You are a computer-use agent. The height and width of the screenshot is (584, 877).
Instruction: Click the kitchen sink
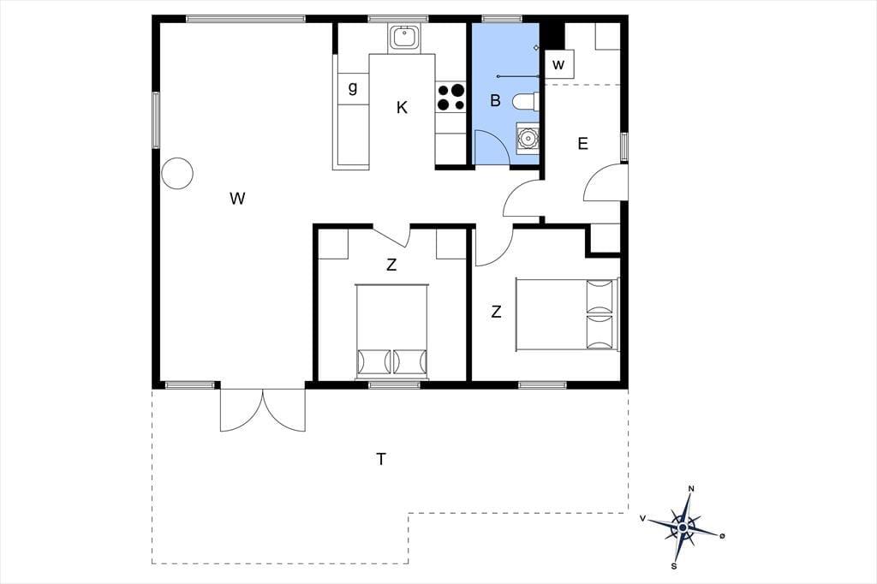(403, 38)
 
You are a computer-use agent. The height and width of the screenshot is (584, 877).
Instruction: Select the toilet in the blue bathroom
(527, 101)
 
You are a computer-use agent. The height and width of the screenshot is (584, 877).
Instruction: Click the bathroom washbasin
(527, 136)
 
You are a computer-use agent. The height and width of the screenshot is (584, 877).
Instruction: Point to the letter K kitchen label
(402, 107)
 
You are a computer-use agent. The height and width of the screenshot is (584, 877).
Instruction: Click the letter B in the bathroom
(495, 101)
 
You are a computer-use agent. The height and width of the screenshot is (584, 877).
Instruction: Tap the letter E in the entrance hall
(582, 144)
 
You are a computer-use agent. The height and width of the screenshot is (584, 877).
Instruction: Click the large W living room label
(237, 198)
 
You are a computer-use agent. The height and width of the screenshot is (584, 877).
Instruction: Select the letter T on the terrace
(381, 459)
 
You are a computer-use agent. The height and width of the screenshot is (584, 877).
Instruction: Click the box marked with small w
(559, 64)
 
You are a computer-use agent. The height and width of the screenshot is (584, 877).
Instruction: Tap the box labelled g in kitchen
(353, 88)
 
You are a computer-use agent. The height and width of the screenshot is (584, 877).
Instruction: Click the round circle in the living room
(177, 174)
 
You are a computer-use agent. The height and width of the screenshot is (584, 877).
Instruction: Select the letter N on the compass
(691, 489)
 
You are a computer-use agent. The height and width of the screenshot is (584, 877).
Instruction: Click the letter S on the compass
(674, 566)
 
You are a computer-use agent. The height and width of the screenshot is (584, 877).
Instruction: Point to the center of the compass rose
(683, 527)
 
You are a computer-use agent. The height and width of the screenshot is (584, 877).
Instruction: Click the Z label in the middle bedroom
(391, 265)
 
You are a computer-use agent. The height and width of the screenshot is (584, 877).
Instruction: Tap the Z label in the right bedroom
(496, 313)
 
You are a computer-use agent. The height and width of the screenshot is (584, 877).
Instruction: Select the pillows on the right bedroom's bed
(600, 314)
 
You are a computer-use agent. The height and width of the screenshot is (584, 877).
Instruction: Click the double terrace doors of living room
(263, 410)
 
